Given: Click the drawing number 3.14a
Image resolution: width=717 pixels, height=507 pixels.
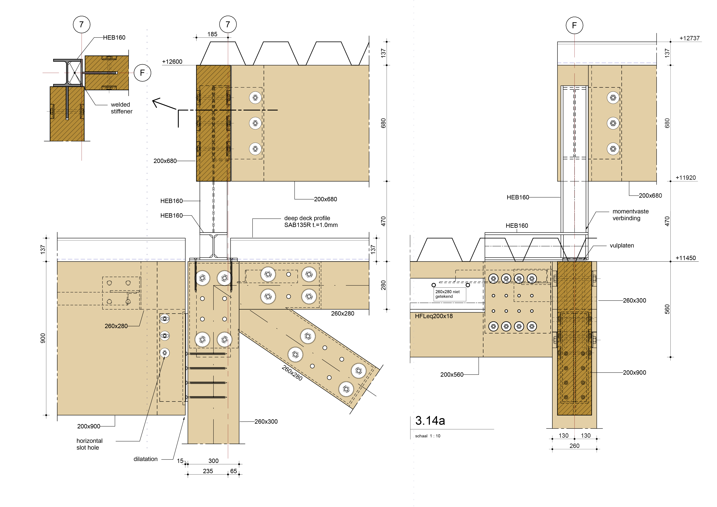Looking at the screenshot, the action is [x=430, y=420].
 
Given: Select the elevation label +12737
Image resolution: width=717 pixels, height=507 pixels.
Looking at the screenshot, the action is [x=690, y=38].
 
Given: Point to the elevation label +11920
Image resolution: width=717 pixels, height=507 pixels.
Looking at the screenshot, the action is [x=686, y=178].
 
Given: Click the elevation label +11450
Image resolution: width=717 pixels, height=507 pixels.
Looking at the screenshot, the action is [x=686, y=258].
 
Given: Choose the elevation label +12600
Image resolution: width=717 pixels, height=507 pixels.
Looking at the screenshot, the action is [x=172, y=62].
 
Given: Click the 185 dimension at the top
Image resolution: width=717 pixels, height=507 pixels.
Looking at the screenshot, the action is [x=212, y=34].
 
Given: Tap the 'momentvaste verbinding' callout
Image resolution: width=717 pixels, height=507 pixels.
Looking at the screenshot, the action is [x=630, y=215].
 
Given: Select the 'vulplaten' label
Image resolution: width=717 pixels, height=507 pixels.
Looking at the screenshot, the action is [x=622, y=245].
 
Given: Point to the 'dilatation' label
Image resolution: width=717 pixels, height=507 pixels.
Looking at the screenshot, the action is [x=146, y=459].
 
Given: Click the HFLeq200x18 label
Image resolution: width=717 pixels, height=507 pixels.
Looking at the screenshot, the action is [x=434, y=316].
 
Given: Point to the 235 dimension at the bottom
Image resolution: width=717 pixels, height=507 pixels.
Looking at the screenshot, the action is [x=208, y=471].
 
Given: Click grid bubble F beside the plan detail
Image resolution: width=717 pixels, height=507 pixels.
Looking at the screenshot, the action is [x=142, y=73].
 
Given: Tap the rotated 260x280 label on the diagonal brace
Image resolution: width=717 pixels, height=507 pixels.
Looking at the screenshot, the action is [x=292, y=373].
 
